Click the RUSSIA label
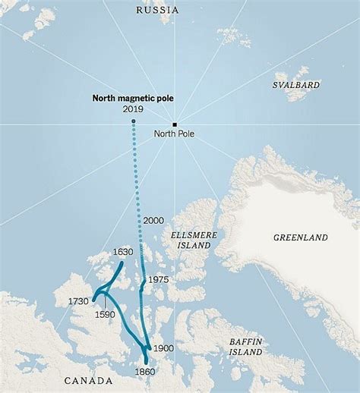pyautogui.click(x=157, y=10)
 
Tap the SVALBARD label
pyautogui.click(x=296, y=86)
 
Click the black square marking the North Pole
pyautogui.click(x=175, y=124)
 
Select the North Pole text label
pyautogui.click(x=174, y=134)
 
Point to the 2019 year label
pyautogui.click(x=132, y=109)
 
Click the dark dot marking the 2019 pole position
pyautogui.click(x=133, y=121)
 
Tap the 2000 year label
pyautogui.click(x=153, y=219)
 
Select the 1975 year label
pyautogui.click(x=157, y=279)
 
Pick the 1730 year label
pyautogui.click(x=78, y=301)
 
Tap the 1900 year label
pyautogui.click(x=163, y=347)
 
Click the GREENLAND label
pyautogui.click(x=301, y=237)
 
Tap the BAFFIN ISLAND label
pyautogui.click(x=247, y=347)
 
